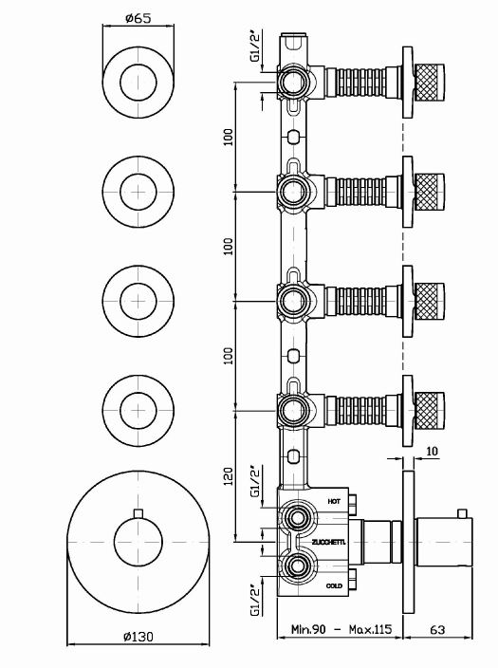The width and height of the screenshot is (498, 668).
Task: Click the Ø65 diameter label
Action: point(140,16)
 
